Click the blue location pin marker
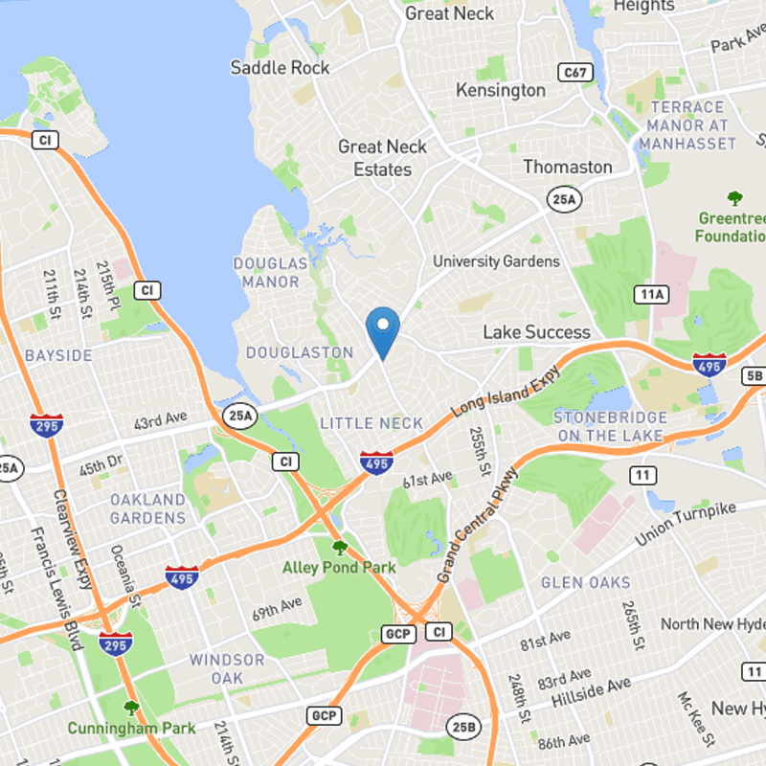coord(383,330)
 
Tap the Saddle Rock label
coord(280,67)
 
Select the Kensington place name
coord(501,90)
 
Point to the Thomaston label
coord(568,167)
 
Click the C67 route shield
coord(575,72)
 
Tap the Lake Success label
coord(536,332)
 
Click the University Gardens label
coord(496,261)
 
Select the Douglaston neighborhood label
coord(300,352)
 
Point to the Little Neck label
coord(358,423)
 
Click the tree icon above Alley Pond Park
coord(339,548)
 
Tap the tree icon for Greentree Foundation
coord(734,199)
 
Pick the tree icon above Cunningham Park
coord(131,709)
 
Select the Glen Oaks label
coord(586,582)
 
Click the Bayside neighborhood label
coord(59,355)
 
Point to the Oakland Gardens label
coord(147,508)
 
